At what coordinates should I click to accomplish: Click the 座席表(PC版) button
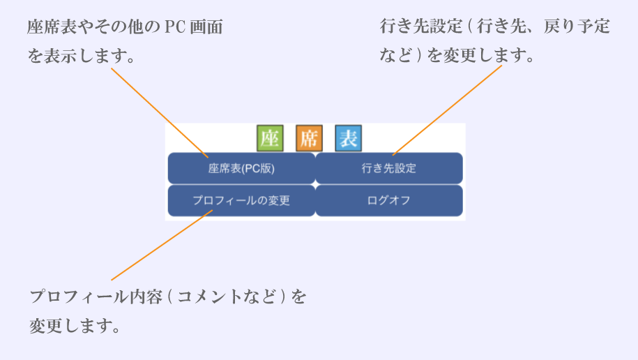[241, 168]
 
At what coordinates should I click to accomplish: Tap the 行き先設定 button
[389, 168]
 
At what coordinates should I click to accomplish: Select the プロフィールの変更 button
[241, 200]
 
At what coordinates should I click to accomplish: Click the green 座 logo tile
[270, 138]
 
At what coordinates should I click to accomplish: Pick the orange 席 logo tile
[309, 138]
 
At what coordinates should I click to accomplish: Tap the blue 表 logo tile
[349, 138]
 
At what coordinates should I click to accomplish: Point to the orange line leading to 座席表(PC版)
[160, 113]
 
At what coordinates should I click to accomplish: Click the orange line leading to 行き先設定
[447, 110]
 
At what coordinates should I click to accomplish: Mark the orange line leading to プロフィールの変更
[162, 245]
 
